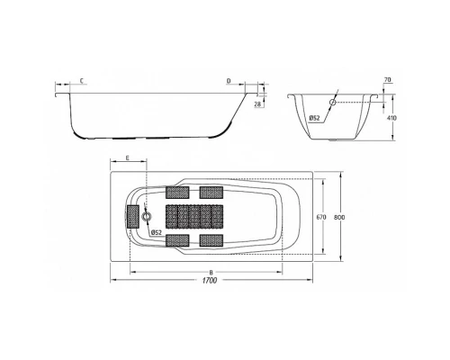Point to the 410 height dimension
pyautogui.click(x=392, y=117)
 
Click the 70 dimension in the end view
pyautogui.click(x=386, y=81)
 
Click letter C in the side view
pyautogui.click(x=82, y=81)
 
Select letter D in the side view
pyautogui.click(x=229, y=81)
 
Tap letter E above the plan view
pyautogui.click(x=128, y=157)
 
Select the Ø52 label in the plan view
pyautogui.click(x=156, y=233)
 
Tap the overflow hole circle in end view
pyautogui.click(x=332, y=103)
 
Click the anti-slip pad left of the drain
pyautogui.click(x=133, y=216)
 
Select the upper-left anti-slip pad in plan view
pyautogui.click(x=176, y=192)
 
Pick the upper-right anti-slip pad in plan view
pyautogui.click(x=211, y=192)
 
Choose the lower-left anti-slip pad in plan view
pyautogui.click(x=176, y=239)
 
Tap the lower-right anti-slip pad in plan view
pyautogui.click(x=211, y=239)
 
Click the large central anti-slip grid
pyautogui.click(x=193, y=216)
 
